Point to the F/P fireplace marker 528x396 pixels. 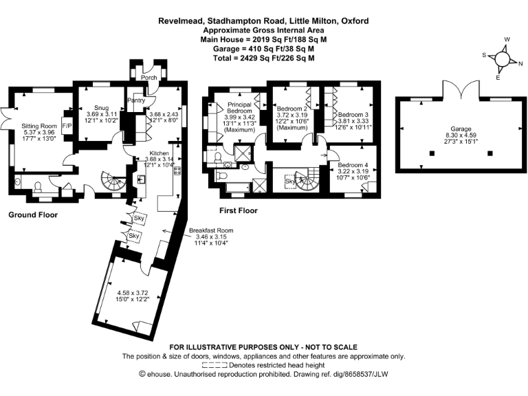click(x=67, y=127)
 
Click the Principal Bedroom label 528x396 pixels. click(x=241, y=108)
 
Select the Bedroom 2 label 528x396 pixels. click(x=291, y=109)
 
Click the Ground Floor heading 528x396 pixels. click(x=33, y=214)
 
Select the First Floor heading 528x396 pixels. click(x=239, y=210)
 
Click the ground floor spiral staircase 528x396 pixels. click(x=110, y=181)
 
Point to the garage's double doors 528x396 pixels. click(x=456, y=89)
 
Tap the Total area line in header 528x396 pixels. click(x=263, y=58)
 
